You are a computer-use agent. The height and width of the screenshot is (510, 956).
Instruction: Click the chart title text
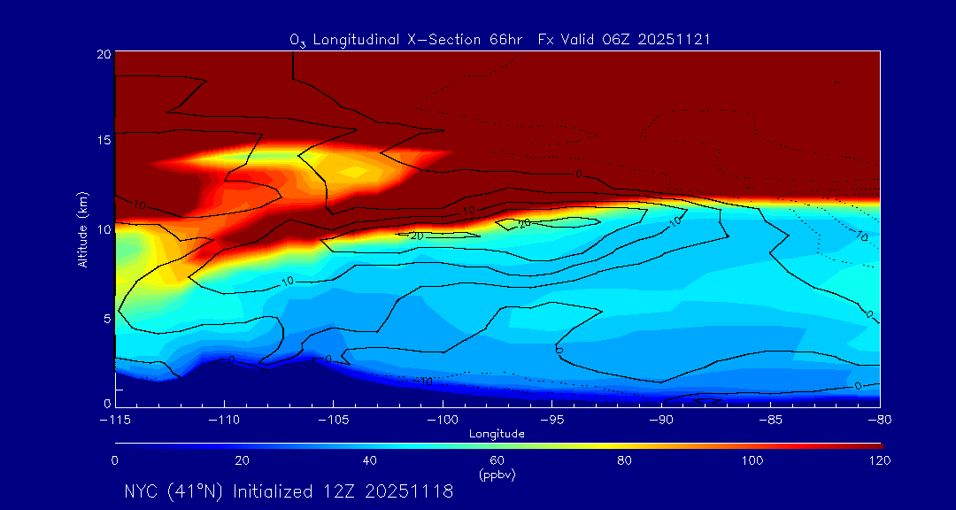pyautogui.click(x=500, y=40)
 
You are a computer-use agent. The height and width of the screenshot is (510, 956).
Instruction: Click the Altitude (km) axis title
pyautogui.click(x=83, y=228)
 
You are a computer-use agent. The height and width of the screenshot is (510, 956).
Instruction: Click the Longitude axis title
pyautogui.click(x=497, y=434)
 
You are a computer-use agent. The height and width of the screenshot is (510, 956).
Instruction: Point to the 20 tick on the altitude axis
pyautogui.click(x=103, y=54)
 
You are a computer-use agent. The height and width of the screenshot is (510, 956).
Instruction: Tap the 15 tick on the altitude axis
pyautogui.click(x=103, y=141)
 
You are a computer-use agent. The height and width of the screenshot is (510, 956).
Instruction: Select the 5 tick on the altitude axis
pyautogui.click(x=105, y=318)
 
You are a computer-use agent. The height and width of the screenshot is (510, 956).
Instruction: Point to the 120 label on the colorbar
pyautogui.click(x=880, y=460)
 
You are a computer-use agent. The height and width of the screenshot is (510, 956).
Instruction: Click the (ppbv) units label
pyautogui.click(x=497, y=475)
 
